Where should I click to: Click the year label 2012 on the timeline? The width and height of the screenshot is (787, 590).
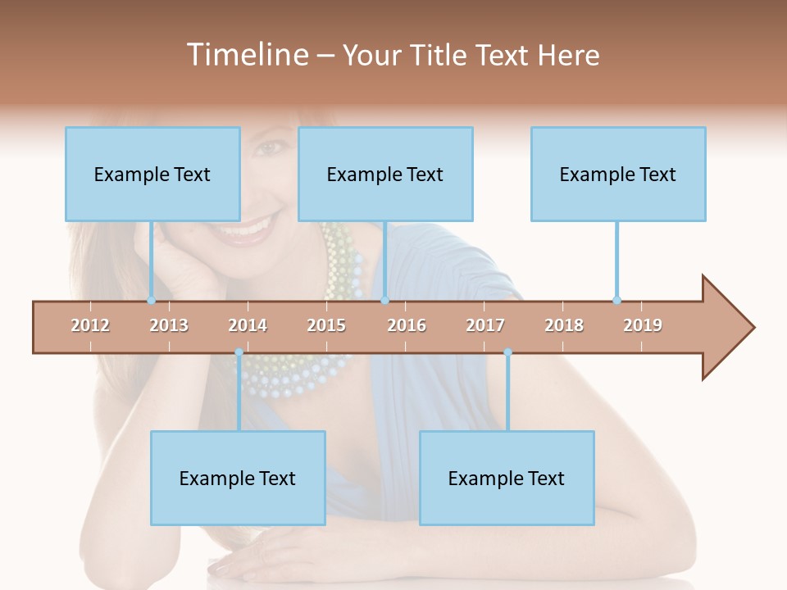(x=90, y=325)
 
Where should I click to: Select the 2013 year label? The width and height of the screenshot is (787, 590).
(x=169, y=325)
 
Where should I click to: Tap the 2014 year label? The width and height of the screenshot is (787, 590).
(x=248, y=325)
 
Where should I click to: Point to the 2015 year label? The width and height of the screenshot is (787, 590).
(x=326, y=325)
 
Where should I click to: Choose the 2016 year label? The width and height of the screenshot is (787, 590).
(x=407, y=325)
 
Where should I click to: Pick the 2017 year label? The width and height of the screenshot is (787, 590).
(x=485, y=325)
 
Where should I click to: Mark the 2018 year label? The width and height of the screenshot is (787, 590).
(x=564, y=325)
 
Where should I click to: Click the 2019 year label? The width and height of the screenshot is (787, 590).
(x=643, y=325)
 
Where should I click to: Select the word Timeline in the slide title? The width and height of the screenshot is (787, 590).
(x=246, y=55)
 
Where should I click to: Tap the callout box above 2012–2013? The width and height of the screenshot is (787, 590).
(x=152, y=174)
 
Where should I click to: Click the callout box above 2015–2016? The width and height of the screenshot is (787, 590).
(x=385, y=174)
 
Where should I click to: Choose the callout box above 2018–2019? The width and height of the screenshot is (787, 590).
(x=618, y=174)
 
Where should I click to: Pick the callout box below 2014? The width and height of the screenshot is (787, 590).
(x=238, y=478)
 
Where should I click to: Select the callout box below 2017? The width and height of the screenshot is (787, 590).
(x=507, y=478)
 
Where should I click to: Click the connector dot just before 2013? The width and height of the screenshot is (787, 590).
(x=151, y=300)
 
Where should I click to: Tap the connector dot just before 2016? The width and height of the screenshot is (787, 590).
(x=384, y=300)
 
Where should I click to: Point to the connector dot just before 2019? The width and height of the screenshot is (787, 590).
(x=616, y=300)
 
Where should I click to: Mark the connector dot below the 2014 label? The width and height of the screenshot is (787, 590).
(x=239, y=352)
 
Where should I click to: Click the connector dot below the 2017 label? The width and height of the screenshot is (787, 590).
(x=507, y=352)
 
